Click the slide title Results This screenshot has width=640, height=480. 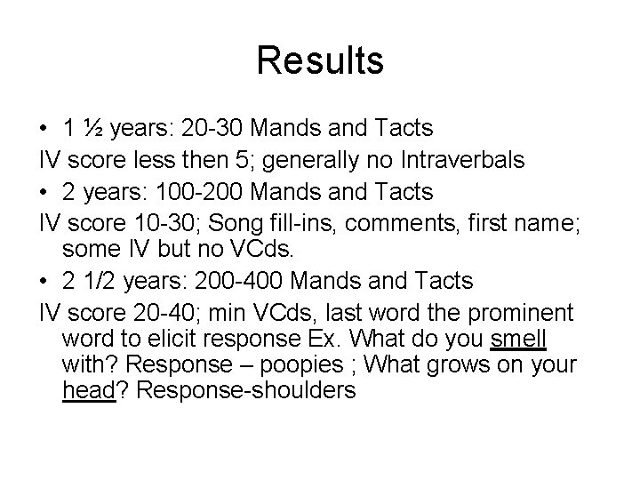tap(320, 61)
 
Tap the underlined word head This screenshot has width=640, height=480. tap(90, 389)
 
